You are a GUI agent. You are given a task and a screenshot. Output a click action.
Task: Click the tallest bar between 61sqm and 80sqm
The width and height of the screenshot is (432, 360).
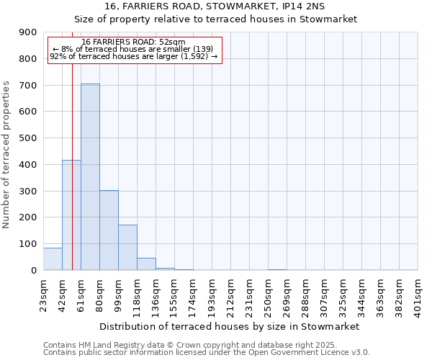click(x=90, y=176)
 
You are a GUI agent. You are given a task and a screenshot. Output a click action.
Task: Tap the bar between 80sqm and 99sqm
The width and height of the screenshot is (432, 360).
click(x=109, y=230)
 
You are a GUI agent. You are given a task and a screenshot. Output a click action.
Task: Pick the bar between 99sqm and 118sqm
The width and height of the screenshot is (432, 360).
click(x=127, y=247)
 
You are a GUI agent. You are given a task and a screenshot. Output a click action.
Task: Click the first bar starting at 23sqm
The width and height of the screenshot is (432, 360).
click(x=53, y=258)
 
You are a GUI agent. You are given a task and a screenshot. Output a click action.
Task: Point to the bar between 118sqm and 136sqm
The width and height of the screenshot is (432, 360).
click(x=146, y=264)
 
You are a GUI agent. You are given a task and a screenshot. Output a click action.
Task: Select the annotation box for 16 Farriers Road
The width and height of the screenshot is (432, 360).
click(x=134, y=49)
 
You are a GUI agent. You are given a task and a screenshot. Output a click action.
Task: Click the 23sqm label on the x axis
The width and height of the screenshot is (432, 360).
click(x=43, y=293)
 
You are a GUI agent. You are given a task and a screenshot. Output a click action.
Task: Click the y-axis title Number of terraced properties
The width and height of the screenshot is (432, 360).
click(x=7, y=154)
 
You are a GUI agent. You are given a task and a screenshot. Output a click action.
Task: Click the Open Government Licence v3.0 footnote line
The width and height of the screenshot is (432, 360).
click(x=207, y=352)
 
